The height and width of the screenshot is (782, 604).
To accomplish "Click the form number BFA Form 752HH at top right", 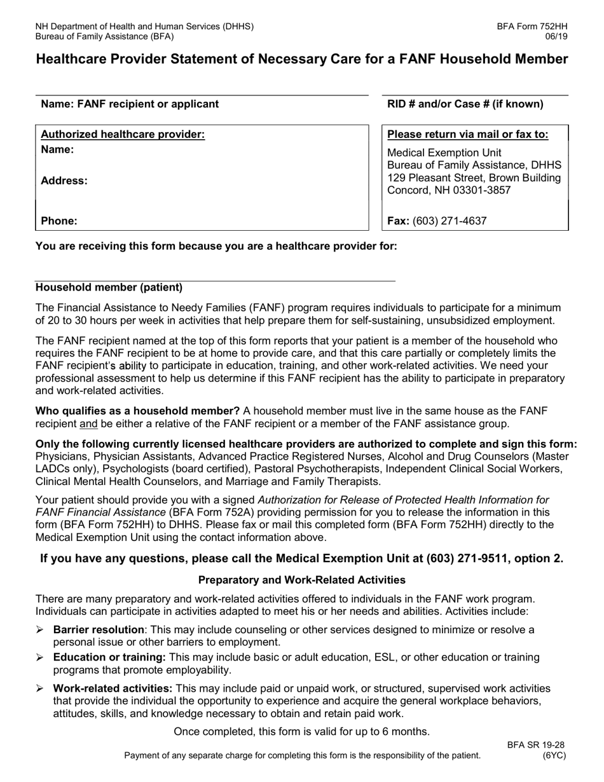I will pyautogui.click(x=532, y=27).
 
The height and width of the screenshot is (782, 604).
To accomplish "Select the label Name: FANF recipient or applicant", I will pyautogui.click(x=130, y=104).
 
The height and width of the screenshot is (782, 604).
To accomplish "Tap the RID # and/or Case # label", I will pyautogui.click(x=465, y=104).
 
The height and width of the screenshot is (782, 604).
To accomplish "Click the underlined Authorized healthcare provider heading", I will pyautogui.click(x=123, y=134).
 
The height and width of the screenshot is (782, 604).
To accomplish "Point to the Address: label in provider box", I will pyautogui.click(x=64, y=181).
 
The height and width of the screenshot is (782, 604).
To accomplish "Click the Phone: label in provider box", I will pyautogui.click(x=59, y=221).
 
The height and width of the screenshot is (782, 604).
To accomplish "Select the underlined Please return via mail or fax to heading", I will pyautogui.click(x=467, y=134).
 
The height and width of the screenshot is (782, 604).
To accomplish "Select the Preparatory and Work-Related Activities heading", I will pyautogui.click(x=302, y=580).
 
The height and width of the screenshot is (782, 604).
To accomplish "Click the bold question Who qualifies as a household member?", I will pyautogui.click(x=137, y=411).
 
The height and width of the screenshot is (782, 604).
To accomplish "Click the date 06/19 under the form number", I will pyautogui.click(x=557, y=36).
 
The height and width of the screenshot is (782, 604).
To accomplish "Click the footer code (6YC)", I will pyautogui.click(x=554, y=755).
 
